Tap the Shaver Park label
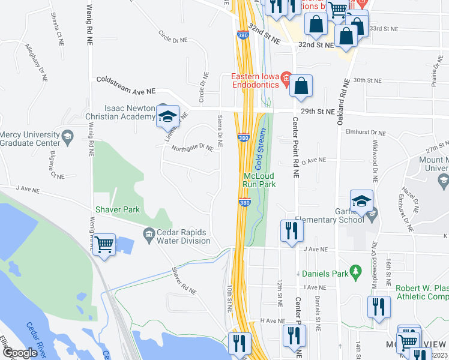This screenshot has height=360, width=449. [118, 209]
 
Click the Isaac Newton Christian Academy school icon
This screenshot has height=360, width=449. [167, 116]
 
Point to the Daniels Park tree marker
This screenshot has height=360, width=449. [355, 272]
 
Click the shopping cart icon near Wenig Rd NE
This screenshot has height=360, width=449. [104, 245]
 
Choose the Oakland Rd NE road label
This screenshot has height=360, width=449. [342, 103]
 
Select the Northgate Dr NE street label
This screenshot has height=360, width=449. [192, 147]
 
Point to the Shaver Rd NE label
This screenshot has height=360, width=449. [184, 280]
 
